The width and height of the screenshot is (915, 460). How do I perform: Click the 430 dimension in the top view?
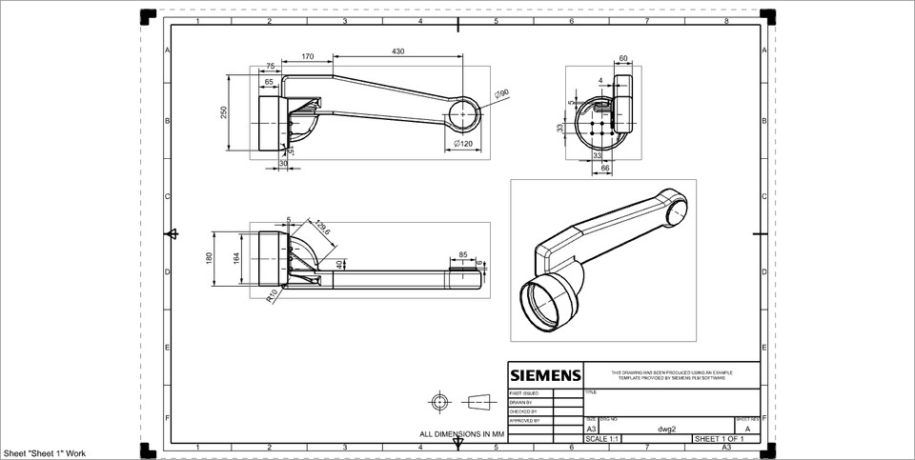tap(397, 50)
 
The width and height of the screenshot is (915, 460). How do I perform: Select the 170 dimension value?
tap(307, 57)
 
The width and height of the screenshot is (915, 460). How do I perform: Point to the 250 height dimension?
tap(224, 112)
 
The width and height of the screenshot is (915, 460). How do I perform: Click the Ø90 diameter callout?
tap(501, 93)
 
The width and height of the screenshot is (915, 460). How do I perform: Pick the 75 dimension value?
tap(270, 67)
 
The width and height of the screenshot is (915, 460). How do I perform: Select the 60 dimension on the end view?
tap(622, 59)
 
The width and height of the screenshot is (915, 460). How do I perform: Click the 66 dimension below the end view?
tap(603, 169)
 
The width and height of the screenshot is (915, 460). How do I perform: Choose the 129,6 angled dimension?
tap(321, 228)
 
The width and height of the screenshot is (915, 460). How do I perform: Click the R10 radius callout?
tap(272, 295)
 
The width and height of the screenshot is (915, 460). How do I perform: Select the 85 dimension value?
tap(462, 254)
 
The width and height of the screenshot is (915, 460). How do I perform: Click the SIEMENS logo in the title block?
tap(544, 374)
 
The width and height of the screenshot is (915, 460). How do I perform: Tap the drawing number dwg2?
tap(666, 429)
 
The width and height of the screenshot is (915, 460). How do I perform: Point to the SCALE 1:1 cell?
tap(602, 438)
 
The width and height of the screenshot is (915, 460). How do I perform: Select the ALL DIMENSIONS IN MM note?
tap(461, 433)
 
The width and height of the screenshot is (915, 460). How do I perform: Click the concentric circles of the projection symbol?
tap(439, 401)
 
